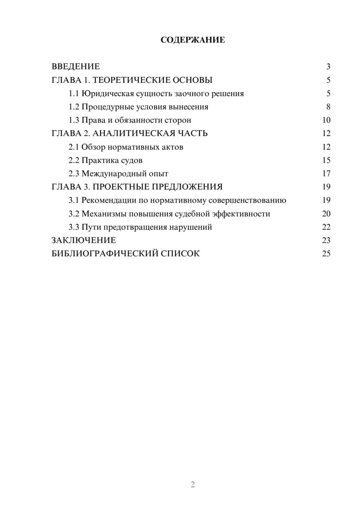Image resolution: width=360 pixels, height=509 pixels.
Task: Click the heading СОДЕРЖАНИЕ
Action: pyautogui.click(x=193, y=40)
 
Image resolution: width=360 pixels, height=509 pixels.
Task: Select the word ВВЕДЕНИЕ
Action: pyautogui.click(x=76, y=67)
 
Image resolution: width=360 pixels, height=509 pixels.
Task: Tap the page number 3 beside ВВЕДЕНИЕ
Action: pyautogui.click(x=328, y=67)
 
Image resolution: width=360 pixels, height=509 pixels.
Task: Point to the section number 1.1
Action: pyautogui.click(x=73, y=94)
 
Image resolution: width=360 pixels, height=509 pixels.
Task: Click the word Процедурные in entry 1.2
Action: pyautogui.click(x=105, y=107)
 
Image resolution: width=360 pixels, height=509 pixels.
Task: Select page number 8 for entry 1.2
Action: pyautogui.click(x=328, y=107)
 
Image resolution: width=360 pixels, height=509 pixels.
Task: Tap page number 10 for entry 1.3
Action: pyautogui.click(x=326, y=120)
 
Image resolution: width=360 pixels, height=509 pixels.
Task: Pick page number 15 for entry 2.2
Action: pyautogui.click(x=326, y=160)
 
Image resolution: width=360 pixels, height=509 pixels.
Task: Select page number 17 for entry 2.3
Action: pyautogui.click(x=326, y=174)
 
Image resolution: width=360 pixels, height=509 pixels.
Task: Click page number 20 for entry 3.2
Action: pyautogui.click(x=326, y=214)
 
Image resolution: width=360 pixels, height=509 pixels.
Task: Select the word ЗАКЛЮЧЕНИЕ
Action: pyautogui.click(x=84, y=240)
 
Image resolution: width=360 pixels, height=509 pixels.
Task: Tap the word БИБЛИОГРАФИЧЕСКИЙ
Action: pyautogui.click(x=105, y=253)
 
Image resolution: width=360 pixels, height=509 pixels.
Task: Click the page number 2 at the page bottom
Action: pyautogui.click(x=193, y=485)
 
